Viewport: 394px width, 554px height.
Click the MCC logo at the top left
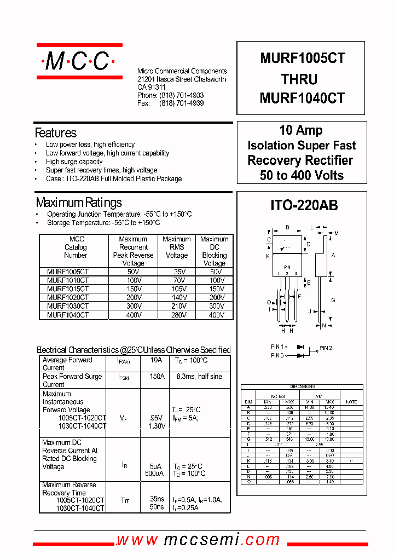tap(79, 61)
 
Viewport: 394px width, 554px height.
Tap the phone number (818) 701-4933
tap(181, 95)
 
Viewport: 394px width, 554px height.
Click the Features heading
tap(55, 133)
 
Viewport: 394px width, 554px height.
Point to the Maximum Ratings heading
tap(78, 203)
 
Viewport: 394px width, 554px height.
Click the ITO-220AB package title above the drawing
tap(304, 205)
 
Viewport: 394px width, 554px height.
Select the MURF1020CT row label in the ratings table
tap(67, 297)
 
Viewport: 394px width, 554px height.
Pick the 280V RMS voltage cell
tap(176, 315)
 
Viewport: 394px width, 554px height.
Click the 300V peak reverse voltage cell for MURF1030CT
tap(133, 306)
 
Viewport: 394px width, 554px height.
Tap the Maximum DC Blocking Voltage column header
tap(214, 251)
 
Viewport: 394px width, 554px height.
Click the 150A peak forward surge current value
tap(157, 377)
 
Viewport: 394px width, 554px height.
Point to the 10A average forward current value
tap(156, 360)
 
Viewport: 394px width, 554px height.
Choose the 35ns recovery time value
tap(157, 499)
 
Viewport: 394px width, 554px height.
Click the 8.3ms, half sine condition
tap(199, 377)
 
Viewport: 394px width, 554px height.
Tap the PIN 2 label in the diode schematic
tap(326, 348)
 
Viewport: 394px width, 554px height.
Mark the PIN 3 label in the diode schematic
tap(277, 356)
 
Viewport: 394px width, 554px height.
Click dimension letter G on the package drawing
tap(333, 300)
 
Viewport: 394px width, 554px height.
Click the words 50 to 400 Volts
tap(302, 176)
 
